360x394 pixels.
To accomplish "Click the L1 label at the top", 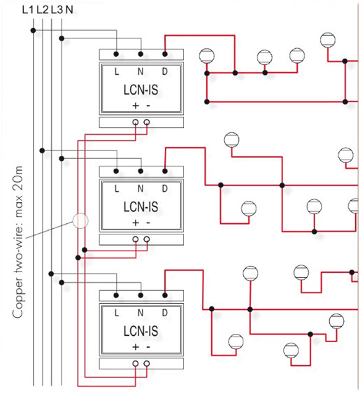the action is [28, 10].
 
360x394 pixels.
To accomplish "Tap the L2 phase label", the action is [42, 10].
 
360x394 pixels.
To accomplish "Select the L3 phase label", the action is [57, 10].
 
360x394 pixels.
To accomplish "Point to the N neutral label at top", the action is [69, 10].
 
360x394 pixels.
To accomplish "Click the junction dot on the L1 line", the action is [33, 30].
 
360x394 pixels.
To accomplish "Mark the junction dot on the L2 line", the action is [42, 150].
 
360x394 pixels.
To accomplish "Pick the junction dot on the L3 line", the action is [51, 274].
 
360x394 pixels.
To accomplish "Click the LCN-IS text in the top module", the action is [141, 90].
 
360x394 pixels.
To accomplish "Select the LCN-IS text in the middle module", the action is [141, 207].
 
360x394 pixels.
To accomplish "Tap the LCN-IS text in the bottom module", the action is [141, 331].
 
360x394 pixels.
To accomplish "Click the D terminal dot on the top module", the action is [165, 54].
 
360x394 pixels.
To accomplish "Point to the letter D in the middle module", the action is [165, 188].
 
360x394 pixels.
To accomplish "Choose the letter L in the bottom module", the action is [117, 313].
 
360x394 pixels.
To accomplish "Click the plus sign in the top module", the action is [136, 106].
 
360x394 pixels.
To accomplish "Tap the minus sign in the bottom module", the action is [148, 347].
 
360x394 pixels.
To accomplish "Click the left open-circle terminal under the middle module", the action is [136, 239].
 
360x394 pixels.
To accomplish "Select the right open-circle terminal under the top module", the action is [147, 122].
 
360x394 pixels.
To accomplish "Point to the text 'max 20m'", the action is [19, 192].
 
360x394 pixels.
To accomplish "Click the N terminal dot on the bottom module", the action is [141, 295].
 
